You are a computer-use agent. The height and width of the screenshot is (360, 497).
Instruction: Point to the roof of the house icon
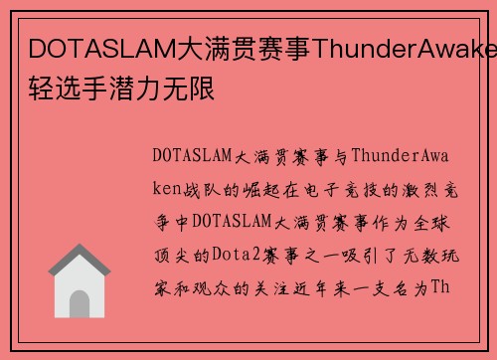[x=80, y=261]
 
